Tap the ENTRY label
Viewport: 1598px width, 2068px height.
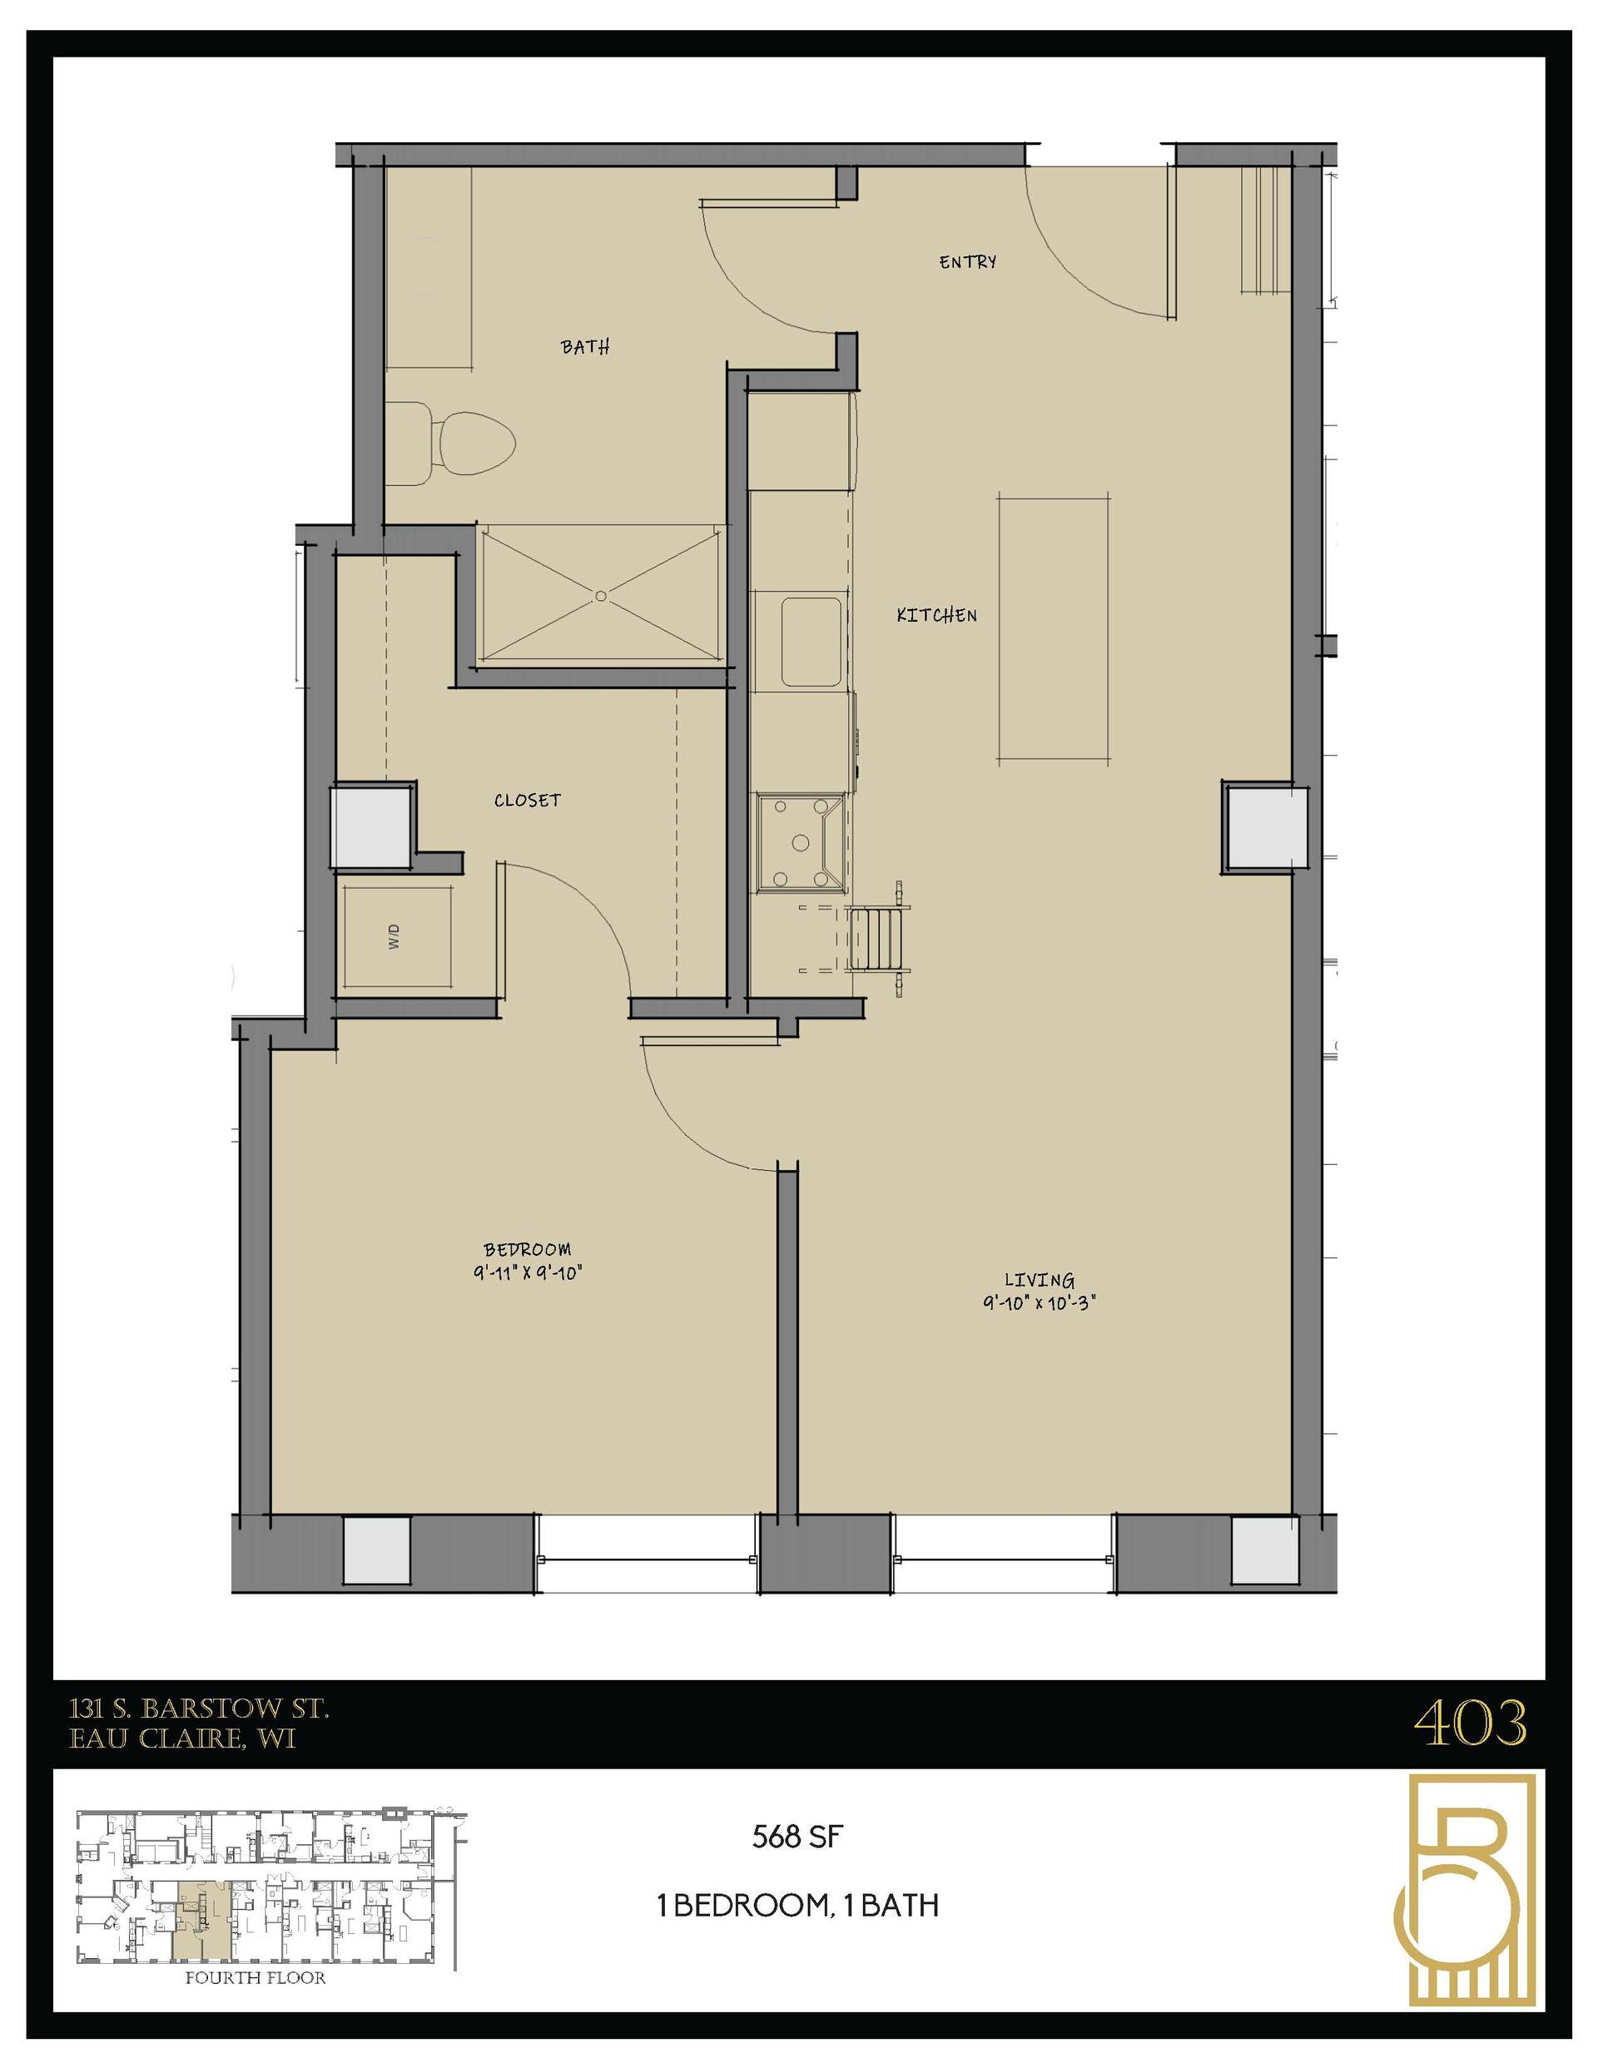(967, 262)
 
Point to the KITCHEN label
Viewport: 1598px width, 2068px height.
(937, 616)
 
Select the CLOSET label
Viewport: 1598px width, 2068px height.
(527, 800)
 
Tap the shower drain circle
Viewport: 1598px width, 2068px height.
(601, 597)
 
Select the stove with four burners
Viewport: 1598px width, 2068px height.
(801, 842)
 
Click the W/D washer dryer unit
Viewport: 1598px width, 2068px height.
(396, 936)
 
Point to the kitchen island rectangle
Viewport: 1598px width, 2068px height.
(1054, 627)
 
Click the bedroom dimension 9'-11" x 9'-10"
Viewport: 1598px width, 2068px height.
(527, 1272)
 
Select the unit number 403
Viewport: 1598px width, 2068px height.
(1469, 1723)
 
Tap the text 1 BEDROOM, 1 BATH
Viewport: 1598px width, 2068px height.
(797, 1905)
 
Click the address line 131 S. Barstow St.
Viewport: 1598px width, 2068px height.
(199, 1709)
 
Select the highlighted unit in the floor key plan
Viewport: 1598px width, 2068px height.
(196, 1912)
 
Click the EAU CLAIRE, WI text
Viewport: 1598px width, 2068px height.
(182, 1739)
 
